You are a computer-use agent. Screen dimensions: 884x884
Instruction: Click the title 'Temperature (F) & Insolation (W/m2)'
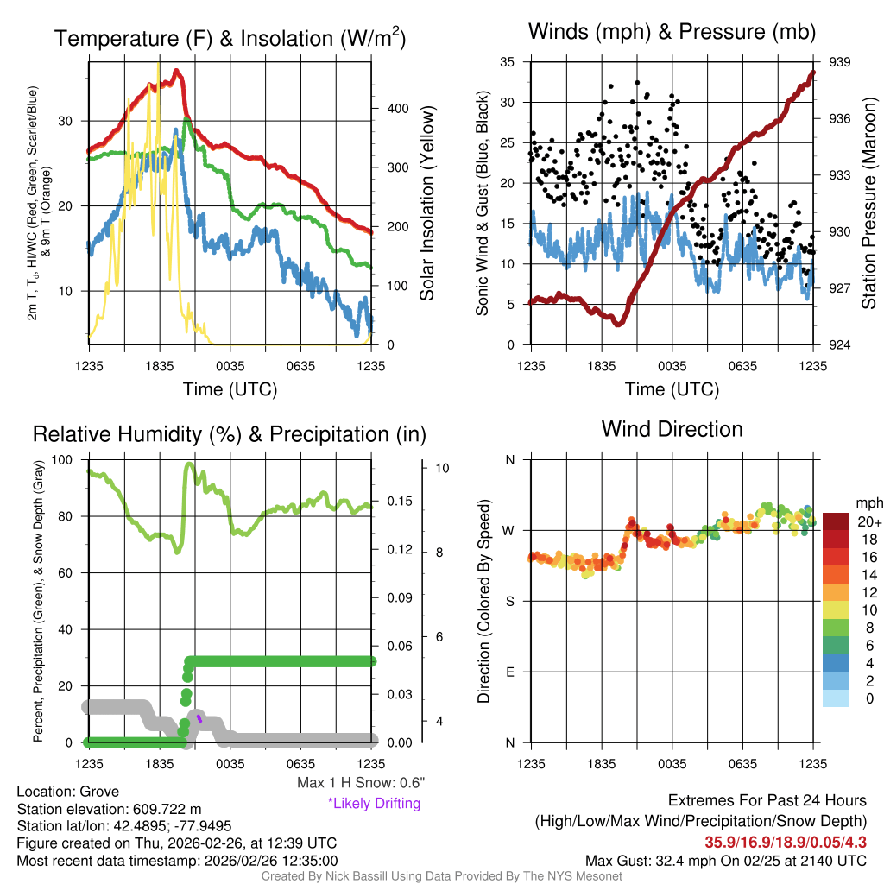tap(230, 39)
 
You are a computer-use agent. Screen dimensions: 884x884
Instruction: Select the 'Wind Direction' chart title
tap(672, 429)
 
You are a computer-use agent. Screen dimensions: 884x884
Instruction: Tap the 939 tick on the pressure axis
tap(841, 62)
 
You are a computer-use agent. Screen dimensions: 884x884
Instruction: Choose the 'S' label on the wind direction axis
tap(509, 601)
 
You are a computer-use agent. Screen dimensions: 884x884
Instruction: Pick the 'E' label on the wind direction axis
tap(509, 672)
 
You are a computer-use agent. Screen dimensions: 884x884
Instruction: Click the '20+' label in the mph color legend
tap(868, 521)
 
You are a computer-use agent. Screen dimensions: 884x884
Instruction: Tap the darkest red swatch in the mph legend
tap(837, 521)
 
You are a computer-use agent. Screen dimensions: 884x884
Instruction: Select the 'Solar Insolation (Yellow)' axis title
tap(426, 204)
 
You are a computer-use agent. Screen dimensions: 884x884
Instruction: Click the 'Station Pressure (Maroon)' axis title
tap(868, 204)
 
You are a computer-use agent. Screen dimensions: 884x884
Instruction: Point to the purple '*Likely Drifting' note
tap(374, 803)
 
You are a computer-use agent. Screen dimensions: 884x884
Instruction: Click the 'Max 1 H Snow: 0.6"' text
tap(360, 783)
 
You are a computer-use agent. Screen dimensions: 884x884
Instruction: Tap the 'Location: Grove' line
tap(68, 792)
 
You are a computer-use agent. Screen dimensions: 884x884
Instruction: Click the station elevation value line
tap(109, 809)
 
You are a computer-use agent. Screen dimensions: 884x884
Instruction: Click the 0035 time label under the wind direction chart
tap(672, 762)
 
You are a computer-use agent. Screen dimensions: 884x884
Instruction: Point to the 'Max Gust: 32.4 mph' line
tap(725, 860)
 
